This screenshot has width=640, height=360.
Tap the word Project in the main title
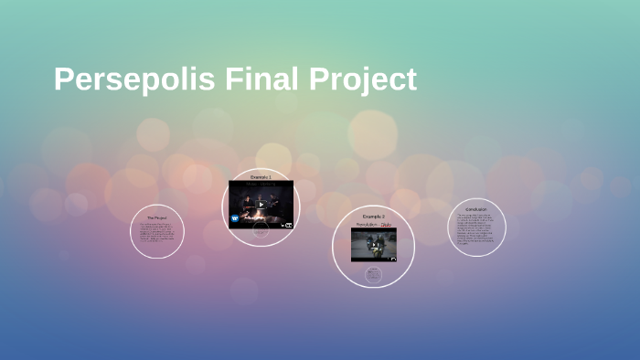(362, 79)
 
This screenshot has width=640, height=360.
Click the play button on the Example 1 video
(261, 205)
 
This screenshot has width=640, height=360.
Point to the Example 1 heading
(261, 175)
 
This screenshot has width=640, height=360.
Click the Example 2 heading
(373, 217)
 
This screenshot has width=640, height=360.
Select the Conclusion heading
(477, 209)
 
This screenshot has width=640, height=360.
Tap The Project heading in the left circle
(157, 218)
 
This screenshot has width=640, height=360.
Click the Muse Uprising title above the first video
(261, 183)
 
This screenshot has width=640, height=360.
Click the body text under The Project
(157, 235)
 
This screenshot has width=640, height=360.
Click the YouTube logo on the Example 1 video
(288, 224)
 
